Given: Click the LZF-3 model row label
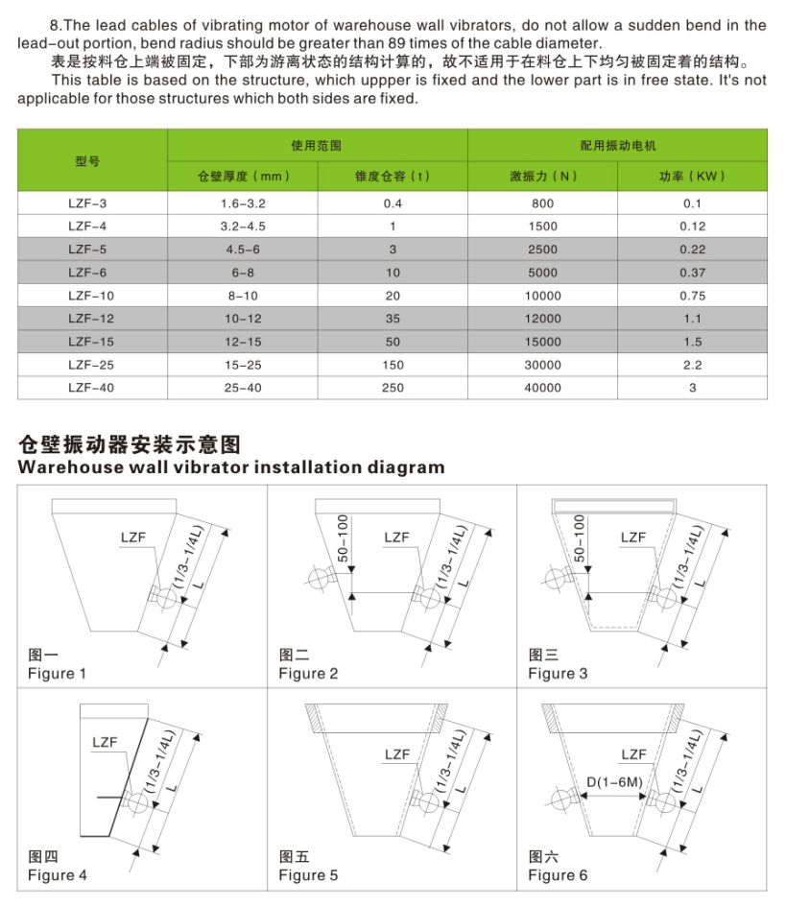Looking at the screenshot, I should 88,203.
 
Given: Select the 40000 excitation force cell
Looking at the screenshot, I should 543,388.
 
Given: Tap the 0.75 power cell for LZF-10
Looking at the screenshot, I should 691,296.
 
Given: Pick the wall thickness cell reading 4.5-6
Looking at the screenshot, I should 242,250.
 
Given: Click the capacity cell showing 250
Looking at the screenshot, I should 393,388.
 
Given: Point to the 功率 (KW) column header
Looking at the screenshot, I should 691,177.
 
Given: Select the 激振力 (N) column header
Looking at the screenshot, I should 543,177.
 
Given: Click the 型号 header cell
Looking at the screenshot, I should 88,161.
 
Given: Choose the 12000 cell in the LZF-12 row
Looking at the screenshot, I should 543,319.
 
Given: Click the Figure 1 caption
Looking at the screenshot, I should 57,674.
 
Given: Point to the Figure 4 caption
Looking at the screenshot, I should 57,875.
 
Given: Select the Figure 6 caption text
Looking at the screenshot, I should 558,875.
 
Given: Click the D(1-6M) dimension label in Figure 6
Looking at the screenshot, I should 614,783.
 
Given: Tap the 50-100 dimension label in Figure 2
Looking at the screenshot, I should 344,537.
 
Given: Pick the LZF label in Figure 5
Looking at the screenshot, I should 397,754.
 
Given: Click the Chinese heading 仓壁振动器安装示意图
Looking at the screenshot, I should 128,443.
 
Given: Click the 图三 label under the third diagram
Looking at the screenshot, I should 542,655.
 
